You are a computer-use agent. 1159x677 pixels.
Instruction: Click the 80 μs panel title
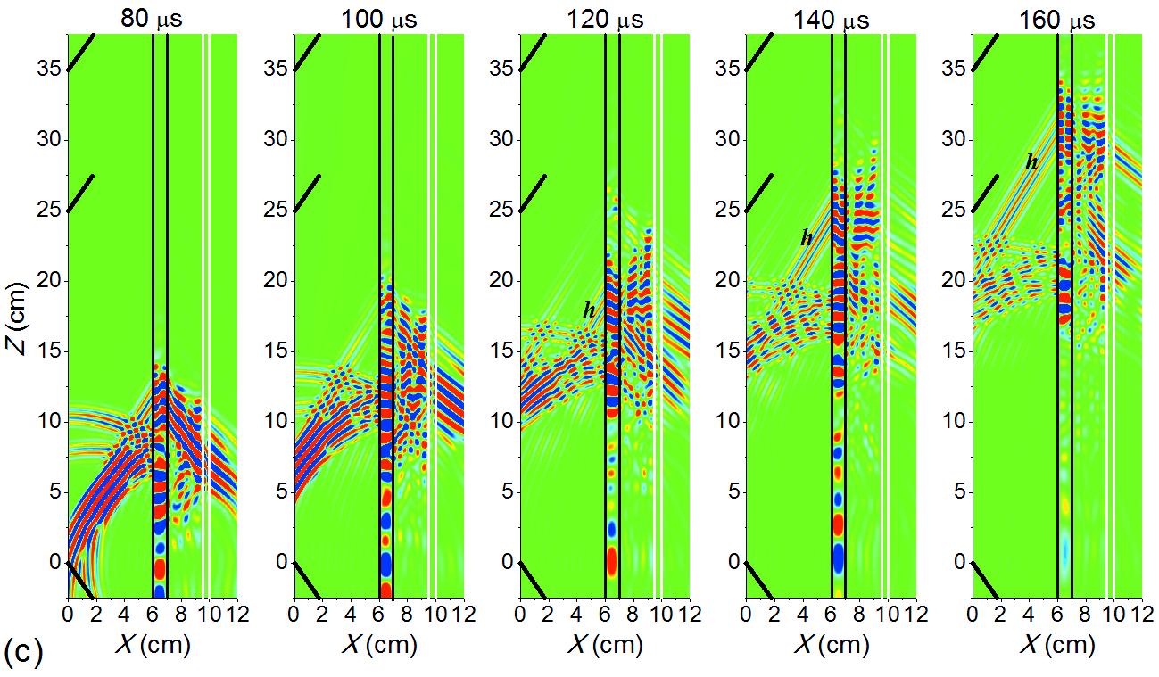pyautogui.click(x=152, y=18)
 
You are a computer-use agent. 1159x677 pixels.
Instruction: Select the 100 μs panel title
pyautogui.click(x=377, y=18)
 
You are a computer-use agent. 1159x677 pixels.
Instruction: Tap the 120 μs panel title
pyautogui.click(x=604, y=18)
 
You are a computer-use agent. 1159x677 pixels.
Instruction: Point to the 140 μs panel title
pyautogui.click(x=831, y=18)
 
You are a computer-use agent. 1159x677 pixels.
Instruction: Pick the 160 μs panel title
pyautogui.click(x=1056, y=18)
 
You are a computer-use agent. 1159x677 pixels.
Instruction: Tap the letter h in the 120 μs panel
pyautogui.click(x=589, y=310)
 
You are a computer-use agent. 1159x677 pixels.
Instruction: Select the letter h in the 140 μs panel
pyautogui.click(x=807, y=237)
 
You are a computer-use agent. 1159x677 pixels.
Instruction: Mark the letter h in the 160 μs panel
pyautogui.click(x=1031, y=161)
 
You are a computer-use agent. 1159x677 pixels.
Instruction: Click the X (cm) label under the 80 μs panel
pyautogui.click(x=152, y=644)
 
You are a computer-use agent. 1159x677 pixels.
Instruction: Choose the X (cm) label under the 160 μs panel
pyautogui.click(x=1056, y=644)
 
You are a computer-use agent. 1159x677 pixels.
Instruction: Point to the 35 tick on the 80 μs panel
pyautogui.click(x=51, y=70)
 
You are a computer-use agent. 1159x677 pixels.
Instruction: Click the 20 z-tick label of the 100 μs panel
pyautogui.click(x=277, y=281)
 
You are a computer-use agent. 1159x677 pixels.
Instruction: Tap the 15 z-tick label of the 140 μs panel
pyautogui.click(x=729, y=351)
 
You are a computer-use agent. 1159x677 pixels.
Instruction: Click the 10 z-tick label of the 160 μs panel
pyautogui.click(x=955, y=421)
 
